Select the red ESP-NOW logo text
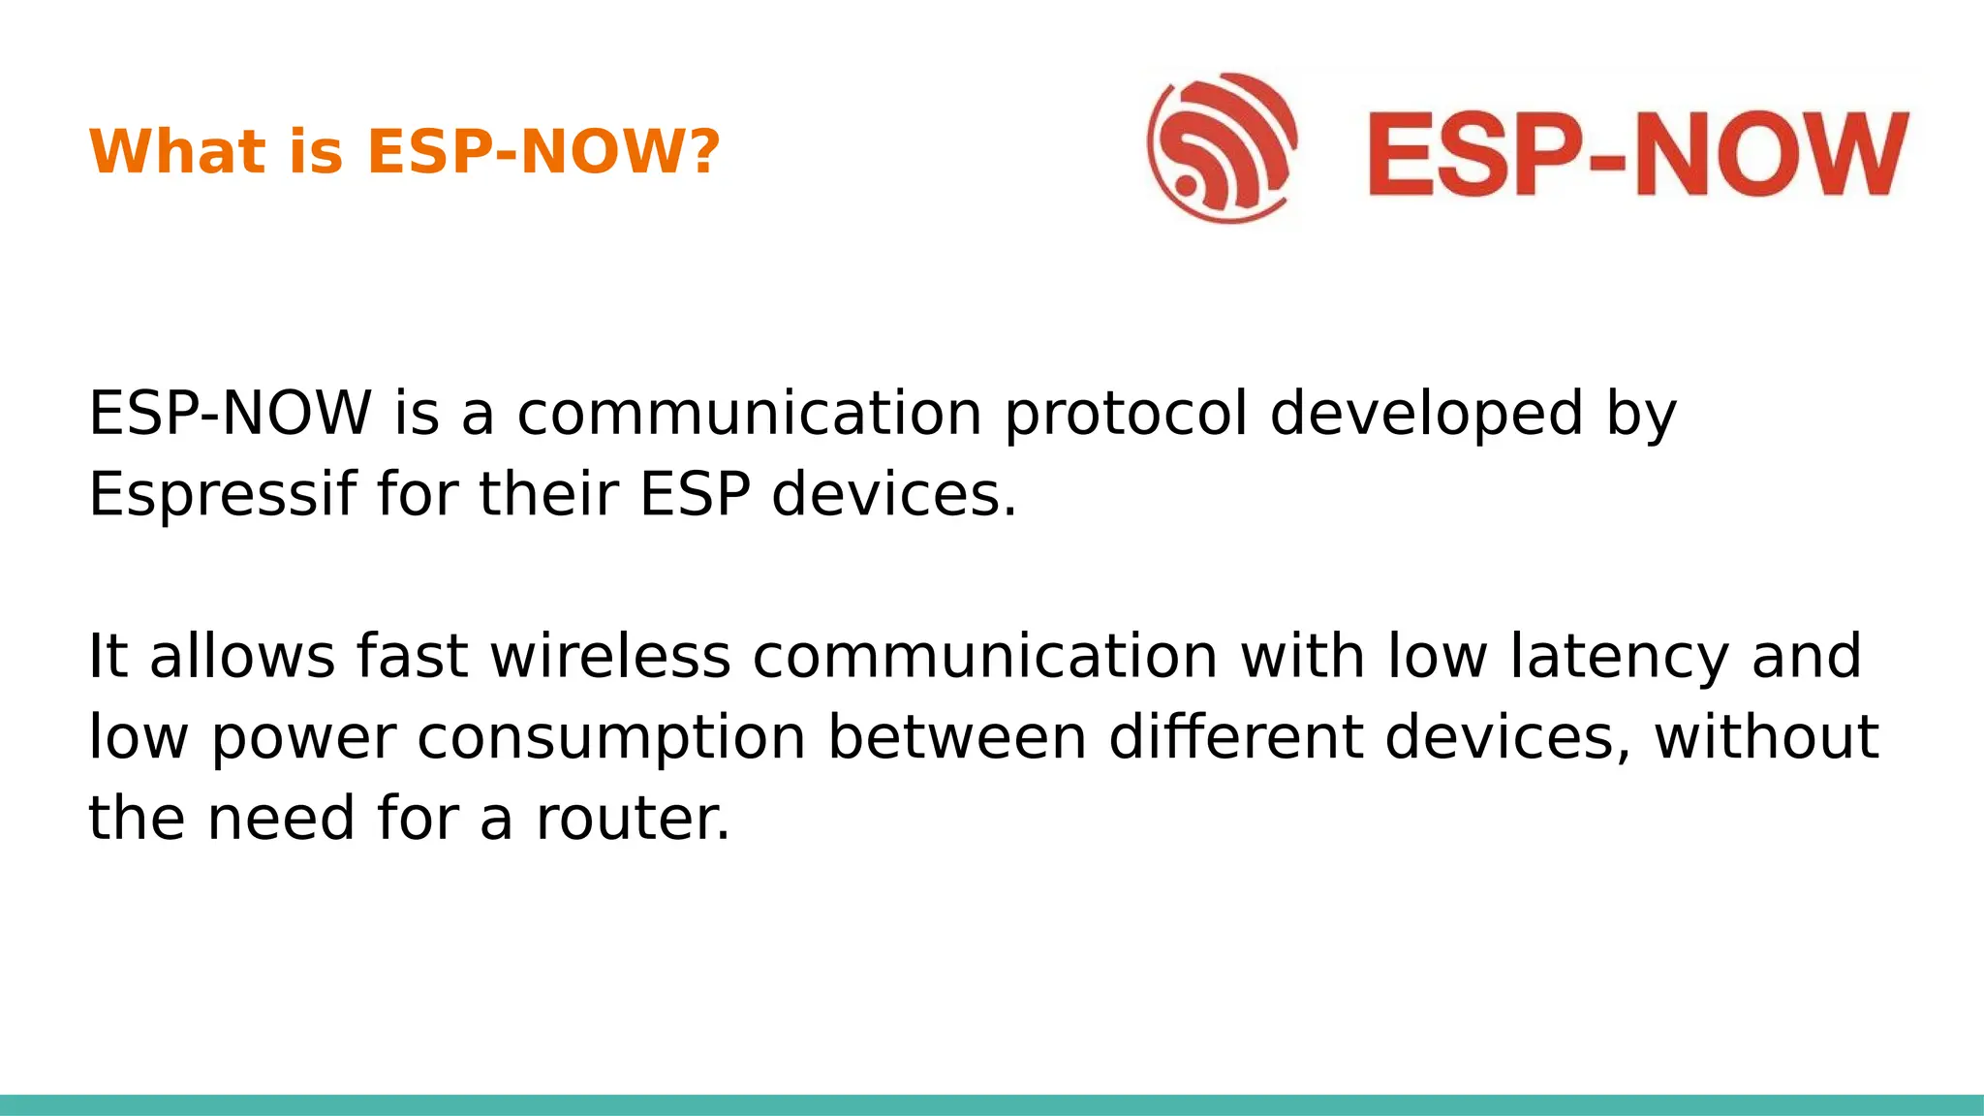point(1638,155)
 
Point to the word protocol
point(1126,415)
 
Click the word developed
point(1426,415)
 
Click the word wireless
point(610,656)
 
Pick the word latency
point(1619,658)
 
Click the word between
point(957,737)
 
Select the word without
point(1766,737)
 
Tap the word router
point(633,819)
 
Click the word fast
point(413,656)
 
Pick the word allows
point(242,656)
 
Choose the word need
point(282,819)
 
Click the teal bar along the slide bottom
point(992,1104)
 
